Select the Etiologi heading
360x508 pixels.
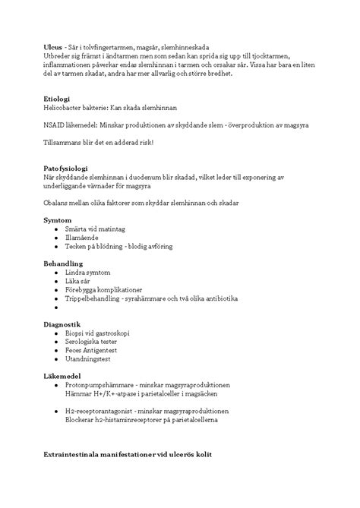pos(57,99)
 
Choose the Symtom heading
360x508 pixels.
pos(58,219)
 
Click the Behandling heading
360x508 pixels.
pos(62,263)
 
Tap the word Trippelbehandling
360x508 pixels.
pos(95,299)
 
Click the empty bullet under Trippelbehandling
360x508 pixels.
pos(57,308)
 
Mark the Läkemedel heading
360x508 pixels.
pos(62,377)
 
